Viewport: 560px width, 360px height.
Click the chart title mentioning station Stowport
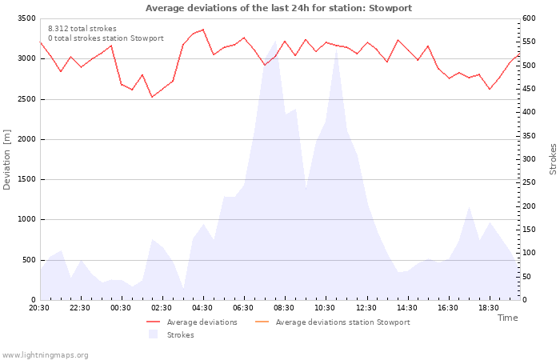coord(278,8)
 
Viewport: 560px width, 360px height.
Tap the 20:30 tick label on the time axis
coord(39,308)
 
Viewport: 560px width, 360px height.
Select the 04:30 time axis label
coord(202,308)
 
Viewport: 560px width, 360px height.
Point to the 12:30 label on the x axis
coord(366,308)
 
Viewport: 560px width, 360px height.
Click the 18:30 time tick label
coord(489,308)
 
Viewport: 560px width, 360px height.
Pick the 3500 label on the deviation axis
coord(26,18)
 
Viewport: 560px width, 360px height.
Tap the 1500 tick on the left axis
coord(26,179)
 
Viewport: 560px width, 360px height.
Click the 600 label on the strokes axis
coord(529,18)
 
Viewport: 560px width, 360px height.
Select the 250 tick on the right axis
coord(529,182)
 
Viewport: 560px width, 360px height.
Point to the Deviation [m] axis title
coord(6,159)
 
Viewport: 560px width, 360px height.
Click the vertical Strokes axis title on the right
coord(553,159)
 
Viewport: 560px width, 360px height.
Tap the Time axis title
coord(507,318)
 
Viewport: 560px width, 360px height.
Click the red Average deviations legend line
coord(153,322)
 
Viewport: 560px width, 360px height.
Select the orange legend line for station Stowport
coord(262,322)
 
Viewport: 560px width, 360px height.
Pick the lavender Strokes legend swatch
coord(153,334)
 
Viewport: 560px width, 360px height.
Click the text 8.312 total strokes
coord(82,29)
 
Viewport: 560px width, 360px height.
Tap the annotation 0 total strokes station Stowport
coord(106,38)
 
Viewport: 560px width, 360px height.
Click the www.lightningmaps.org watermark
coord(45,355)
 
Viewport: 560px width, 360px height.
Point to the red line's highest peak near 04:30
coord(203,30)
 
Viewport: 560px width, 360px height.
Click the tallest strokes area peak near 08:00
coord(275,41)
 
